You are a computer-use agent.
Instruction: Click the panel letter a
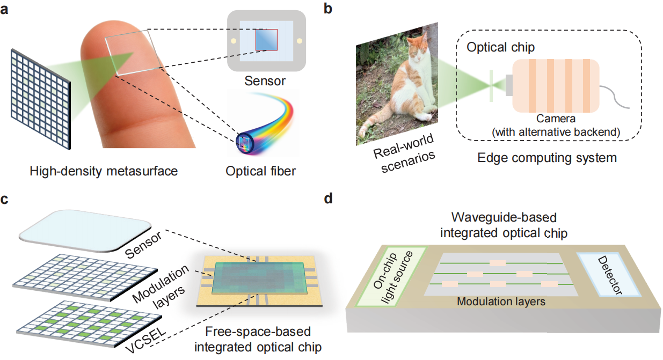[x=4, y=10]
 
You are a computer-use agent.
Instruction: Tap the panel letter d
[x=329, y=198]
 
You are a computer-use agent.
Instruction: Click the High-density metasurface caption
[x=104, y=171]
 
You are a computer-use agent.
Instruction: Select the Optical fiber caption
[x=260, y=171]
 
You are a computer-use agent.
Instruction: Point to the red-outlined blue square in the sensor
[x=266, y=40]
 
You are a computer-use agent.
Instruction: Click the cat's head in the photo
[x=417, y=48]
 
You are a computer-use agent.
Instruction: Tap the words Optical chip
[x=500, y=47]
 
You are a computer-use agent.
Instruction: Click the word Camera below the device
[x=556, y=119]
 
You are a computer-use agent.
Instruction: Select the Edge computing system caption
[x=547, y=157]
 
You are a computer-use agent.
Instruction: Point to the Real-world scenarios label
[x=404, y=154]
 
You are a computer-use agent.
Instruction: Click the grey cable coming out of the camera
[x=614, y=97]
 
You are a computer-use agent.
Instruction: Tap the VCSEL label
[x=145, y=340]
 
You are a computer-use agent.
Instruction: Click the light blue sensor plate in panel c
[x=85, y=231]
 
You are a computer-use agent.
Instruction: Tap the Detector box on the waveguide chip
[x=609, y=275]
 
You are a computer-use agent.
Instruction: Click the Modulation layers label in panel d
[x=501, y=302]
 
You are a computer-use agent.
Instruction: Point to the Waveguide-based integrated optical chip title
[x=504, y=225]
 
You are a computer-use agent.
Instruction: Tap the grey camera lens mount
[x=509, y=85]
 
